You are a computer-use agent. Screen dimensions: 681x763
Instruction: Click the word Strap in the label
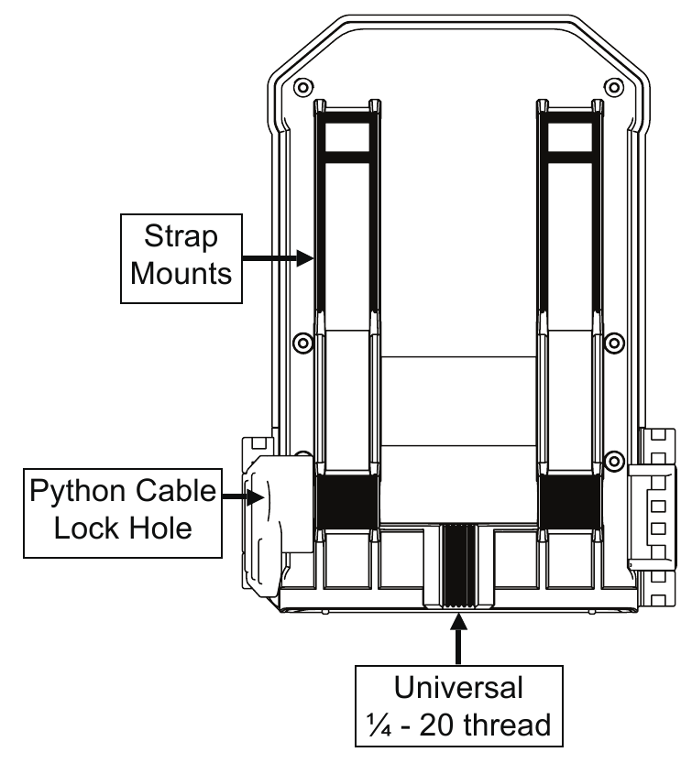(181, 237)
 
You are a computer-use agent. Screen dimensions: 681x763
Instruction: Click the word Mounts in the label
(181, 273)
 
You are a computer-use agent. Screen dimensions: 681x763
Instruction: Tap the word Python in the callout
(76, 492)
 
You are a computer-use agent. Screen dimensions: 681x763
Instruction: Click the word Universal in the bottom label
(458, 688)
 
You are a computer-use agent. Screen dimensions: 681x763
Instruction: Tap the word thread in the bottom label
(507, 725)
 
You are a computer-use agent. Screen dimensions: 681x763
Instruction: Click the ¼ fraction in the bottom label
(379, 725)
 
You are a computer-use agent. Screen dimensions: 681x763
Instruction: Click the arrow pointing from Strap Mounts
(278, 258)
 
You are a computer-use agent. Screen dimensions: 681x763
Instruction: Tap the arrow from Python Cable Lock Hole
(244, 496)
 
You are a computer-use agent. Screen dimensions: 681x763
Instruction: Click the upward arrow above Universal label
(457, 639)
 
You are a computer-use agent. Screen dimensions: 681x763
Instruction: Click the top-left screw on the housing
(303, 88)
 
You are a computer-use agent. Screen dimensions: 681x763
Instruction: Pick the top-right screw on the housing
(614, 88)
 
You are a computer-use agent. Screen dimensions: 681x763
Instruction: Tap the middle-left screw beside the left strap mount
(302, 343)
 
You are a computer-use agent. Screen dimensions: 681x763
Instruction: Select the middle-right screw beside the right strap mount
(614, 343)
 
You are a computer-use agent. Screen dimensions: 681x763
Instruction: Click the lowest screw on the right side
(614, 461)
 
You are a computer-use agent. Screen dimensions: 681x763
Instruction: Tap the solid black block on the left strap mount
(346, 502)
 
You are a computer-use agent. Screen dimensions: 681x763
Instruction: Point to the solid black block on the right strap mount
(570, 502)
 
